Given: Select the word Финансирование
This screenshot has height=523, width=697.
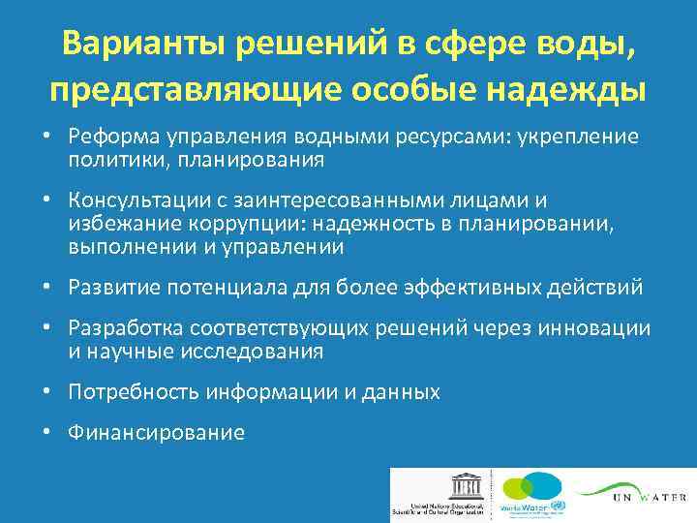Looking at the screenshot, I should pos(155,433).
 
